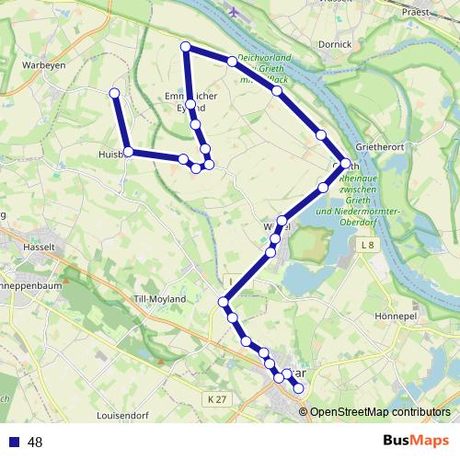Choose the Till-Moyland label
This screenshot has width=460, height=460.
[160, 299]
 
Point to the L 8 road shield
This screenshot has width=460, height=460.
[368, 245]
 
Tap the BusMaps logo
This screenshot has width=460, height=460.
[415, 441]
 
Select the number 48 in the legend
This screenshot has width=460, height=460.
[36, 442]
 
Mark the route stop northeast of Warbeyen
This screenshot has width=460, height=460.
[114, 93]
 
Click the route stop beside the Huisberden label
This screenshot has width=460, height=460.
[129, 152]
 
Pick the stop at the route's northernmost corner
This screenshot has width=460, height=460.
[186, 46]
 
